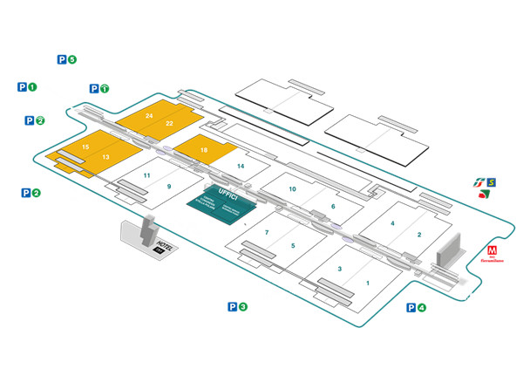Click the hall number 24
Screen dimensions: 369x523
click(150, 116)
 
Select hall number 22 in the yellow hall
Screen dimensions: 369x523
click(169, 124)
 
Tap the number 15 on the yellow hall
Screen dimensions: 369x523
click(85, 147)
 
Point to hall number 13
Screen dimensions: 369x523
click(105, 157)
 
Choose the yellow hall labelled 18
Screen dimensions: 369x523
click(204, 151)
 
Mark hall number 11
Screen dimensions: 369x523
click(147, 176)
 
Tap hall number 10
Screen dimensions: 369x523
click(293, 189)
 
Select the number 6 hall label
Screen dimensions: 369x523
click(333, 207)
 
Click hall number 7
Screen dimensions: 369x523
click(267, 233)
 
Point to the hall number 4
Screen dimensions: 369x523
click(393, 224)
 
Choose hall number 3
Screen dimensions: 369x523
click(340, 269)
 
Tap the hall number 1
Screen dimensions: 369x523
click(368, 283)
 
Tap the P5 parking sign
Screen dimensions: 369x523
click(67, 59)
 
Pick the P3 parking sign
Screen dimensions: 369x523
click(238, 307)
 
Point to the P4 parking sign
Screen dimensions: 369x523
click(416, 307)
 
